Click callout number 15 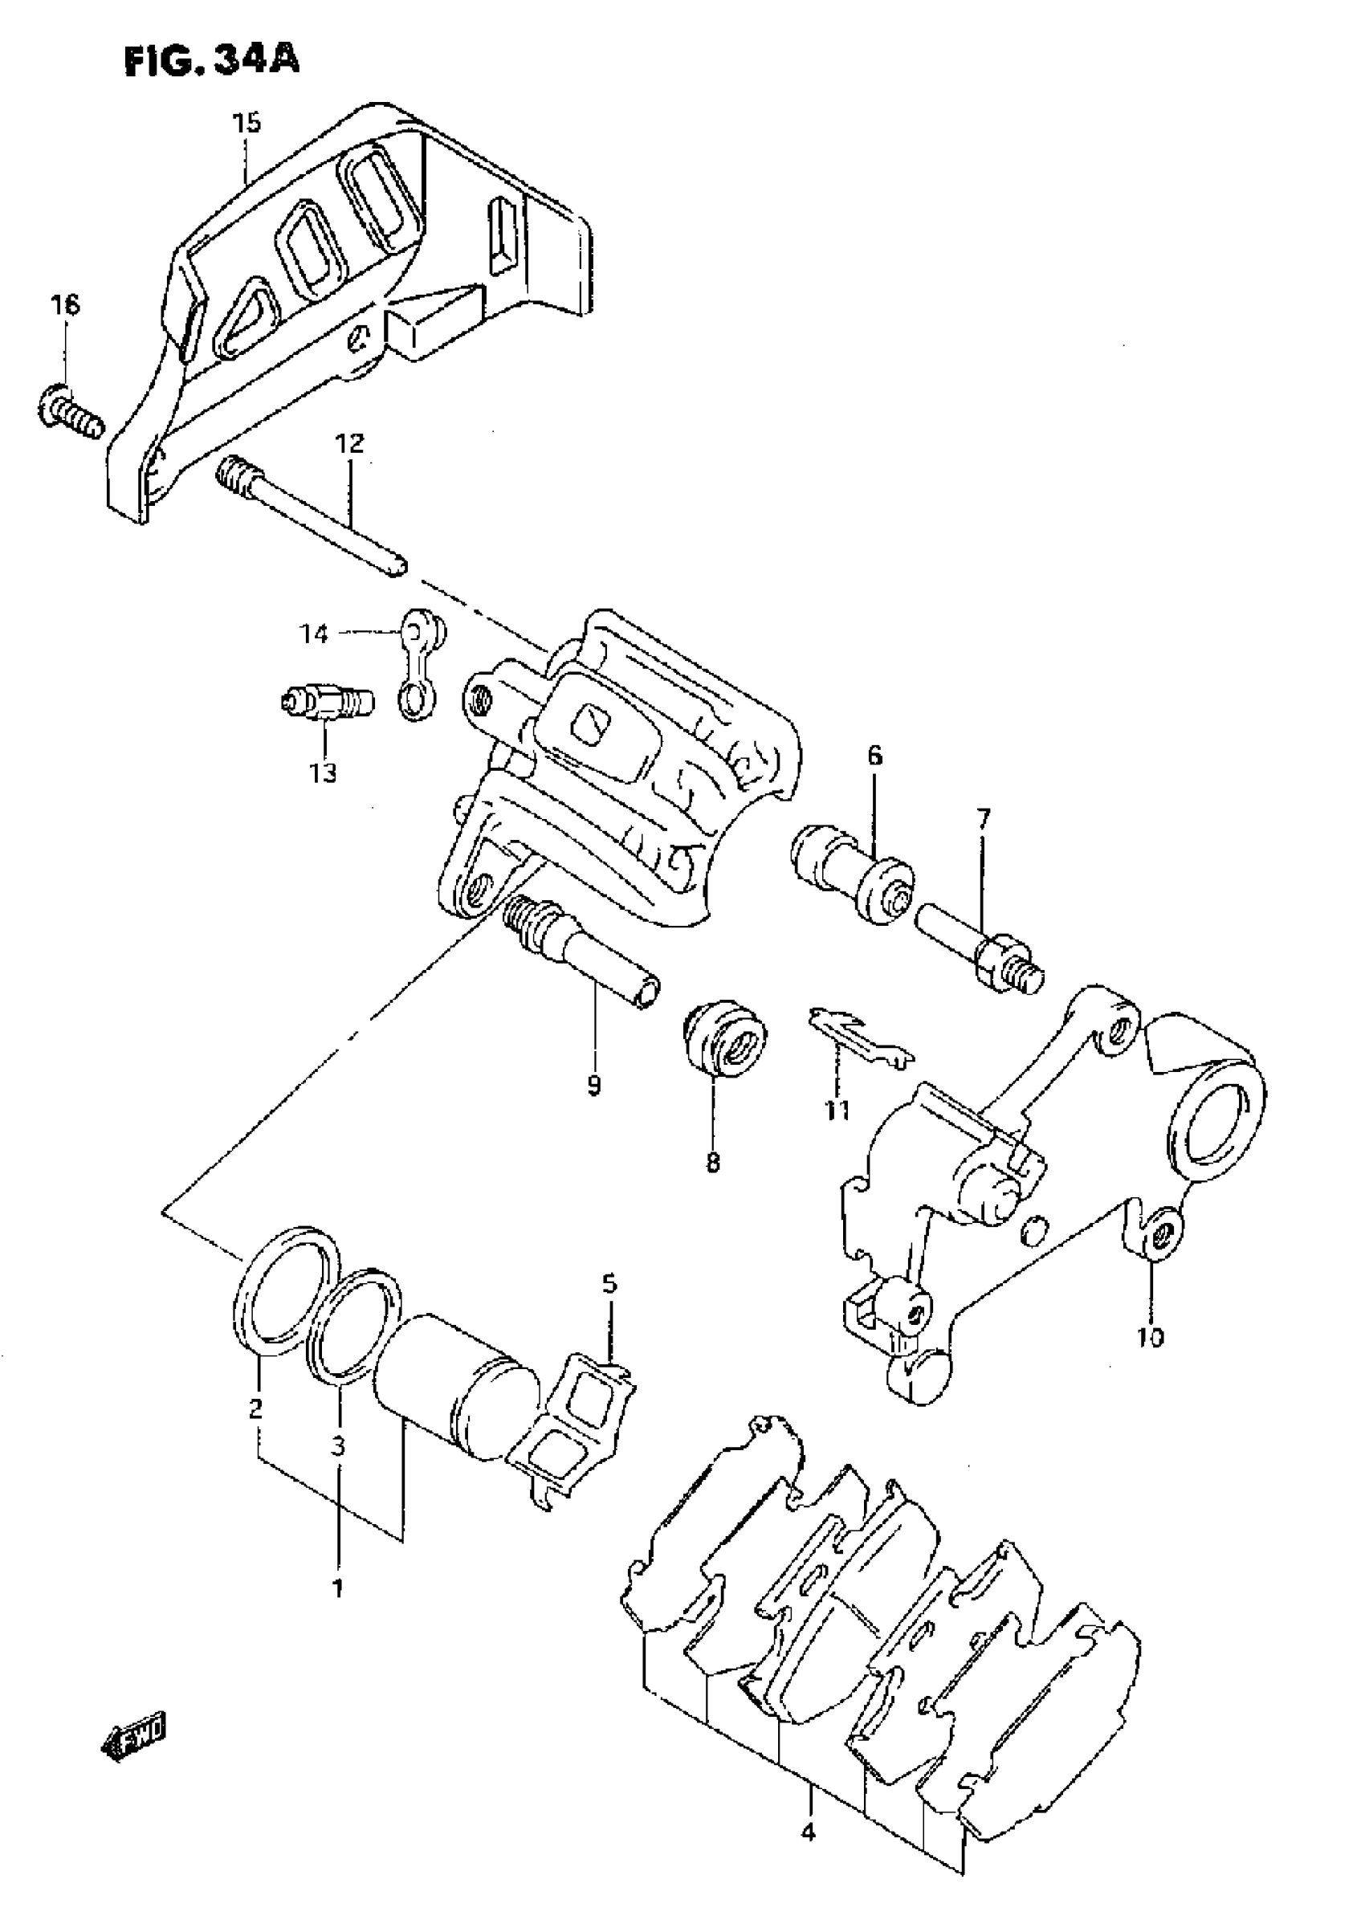[x=247, y=123]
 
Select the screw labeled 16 [x=72, y=414]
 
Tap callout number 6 [x=875, y=756]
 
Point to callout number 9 [x=593, y=1086]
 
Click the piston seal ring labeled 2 [x=284, y=1293]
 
